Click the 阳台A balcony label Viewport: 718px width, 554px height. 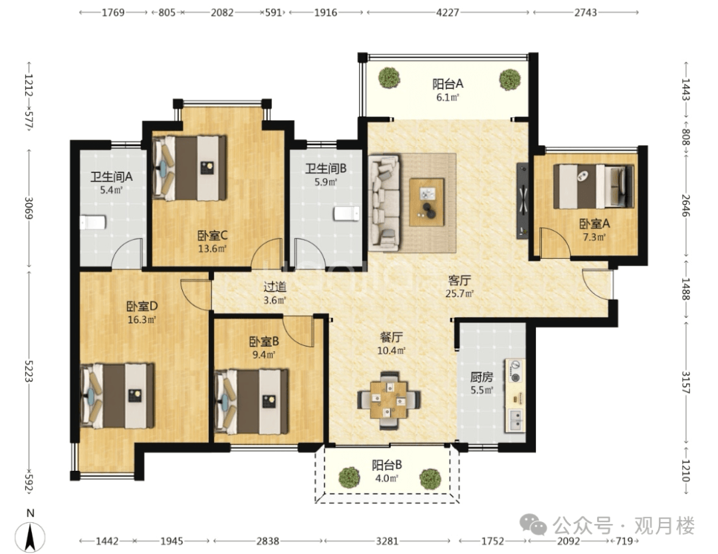click(447, 84)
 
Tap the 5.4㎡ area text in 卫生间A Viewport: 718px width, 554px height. click(111, 190)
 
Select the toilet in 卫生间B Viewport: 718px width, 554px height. click(346, 213)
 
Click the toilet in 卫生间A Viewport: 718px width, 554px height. click(93, 222)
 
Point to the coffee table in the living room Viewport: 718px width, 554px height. click(427, 202)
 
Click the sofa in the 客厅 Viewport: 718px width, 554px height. click(384, 203)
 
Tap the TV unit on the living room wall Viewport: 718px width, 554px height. click(523, 201)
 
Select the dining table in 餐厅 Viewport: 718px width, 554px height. click(389, 400)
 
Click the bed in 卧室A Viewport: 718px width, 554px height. click(594, 186)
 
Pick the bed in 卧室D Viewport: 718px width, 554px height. click(117, 396)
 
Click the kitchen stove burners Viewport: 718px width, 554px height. click(515, 371)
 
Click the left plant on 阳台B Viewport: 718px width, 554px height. click(349, 478)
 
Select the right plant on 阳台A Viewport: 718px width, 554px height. click(510, 80)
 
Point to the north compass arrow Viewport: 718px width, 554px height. click(30, 537)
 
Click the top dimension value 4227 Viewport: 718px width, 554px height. click(447, 13)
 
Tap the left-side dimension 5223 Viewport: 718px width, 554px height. click(29, 370)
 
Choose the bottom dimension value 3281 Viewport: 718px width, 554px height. click(387, 541)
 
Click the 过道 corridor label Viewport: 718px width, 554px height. click(275, 287)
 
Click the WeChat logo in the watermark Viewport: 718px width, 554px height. click(533, 525)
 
